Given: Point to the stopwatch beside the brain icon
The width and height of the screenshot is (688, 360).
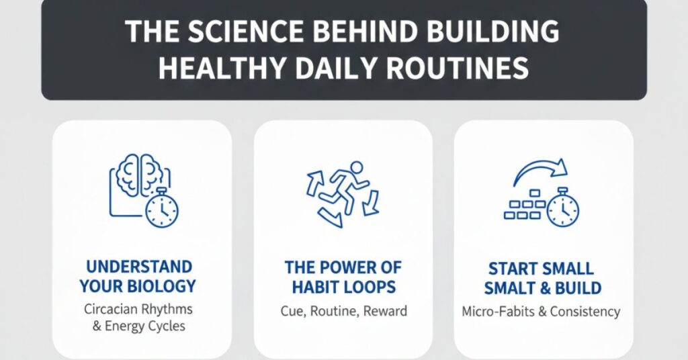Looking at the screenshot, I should point(161,209).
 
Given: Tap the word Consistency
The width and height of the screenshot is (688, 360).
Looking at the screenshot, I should point(586,312).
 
